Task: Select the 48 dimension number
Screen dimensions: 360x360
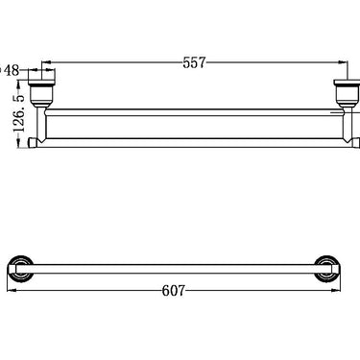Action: pos(12,69)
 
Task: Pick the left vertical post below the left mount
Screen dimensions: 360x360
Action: pos(39,125)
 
